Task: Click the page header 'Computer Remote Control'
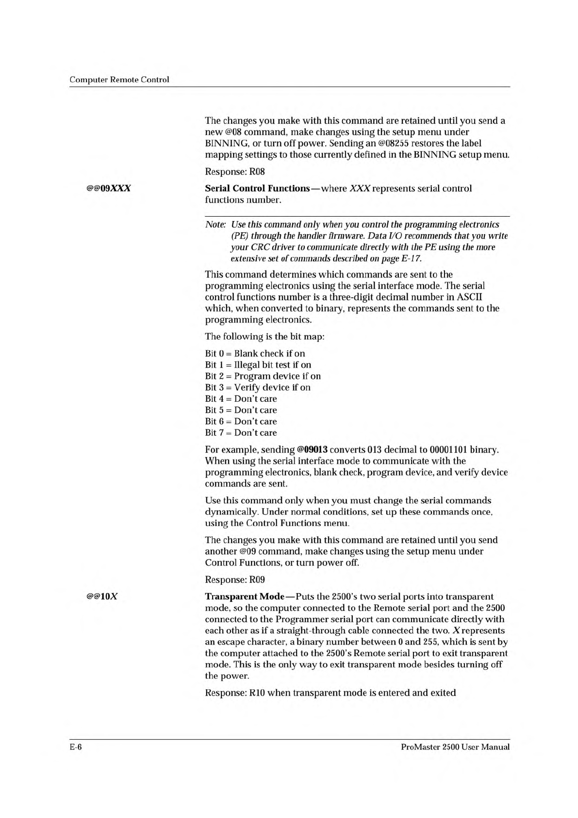point(119,80)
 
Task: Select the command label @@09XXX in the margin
point(108,188)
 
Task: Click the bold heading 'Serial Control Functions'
point(257,188)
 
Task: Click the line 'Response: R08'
point(234,171)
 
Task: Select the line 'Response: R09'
point(234,579)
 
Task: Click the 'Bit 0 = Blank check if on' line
point(255,354)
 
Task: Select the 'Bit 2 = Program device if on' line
point(263,376)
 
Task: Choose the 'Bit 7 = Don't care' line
point(241,433)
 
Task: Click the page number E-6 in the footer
point(75,747)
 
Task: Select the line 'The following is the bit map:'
point(264,337)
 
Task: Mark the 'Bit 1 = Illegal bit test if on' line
point(258,365)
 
